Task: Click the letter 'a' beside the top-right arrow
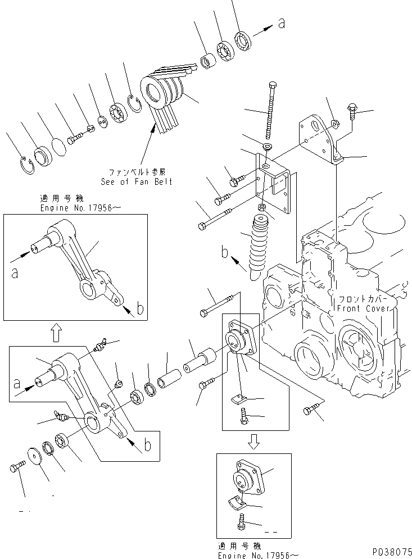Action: pyautogui.click(x=282, y=23)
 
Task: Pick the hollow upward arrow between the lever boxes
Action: pyautogui.click(x=55, y=335)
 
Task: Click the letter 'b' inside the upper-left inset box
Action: pyautogui.click(x=140, y=308)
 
